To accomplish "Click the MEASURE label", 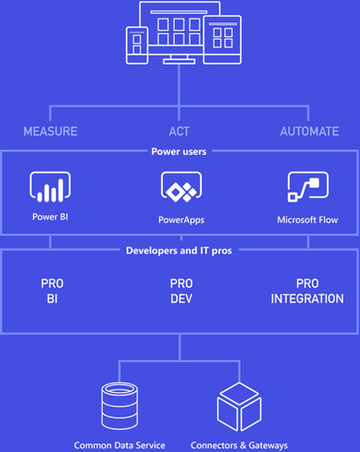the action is [x=50, y=131].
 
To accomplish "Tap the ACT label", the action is [x=179, y=131].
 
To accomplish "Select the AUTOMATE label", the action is [x=309, y=131].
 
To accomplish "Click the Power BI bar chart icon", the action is [x=50, y=187].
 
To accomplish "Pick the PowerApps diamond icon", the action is [x=181, y=187].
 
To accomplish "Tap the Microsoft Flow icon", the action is [x=307, y=186].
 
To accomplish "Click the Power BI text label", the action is [x=50, y=217].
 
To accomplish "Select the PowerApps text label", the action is [x=181, y=220].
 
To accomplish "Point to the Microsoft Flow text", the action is [x=307, y=220].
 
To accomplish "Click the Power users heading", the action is [x=178, y=152].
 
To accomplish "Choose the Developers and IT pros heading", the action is [x=178, y=251].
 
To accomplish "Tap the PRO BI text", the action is [x=52, y=291].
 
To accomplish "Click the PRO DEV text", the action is [x=181, y=291].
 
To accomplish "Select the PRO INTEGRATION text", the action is [x=307, y=291].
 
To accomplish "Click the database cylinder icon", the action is [x=119, y=405].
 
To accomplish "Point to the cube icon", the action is [x=239, y=406].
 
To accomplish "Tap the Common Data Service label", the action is [x=119, y=445].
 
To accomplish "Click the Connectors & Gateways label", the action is [x=239, y=445].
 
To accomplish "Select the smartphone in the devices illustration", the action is [x=137, y=46].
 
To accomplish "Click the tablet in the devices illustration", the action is [x=222, y=40].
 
